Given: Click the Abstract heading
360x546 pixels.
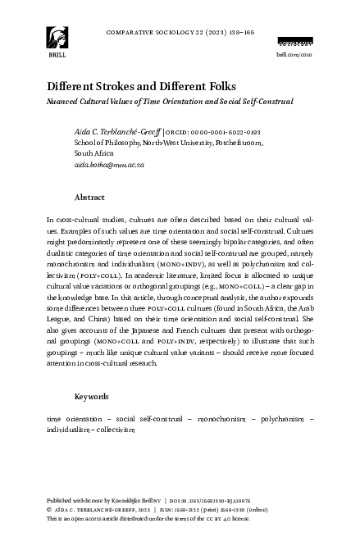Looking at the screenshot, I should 89,198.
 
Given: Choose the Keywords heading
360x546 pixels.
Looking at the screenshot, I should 92,397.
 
